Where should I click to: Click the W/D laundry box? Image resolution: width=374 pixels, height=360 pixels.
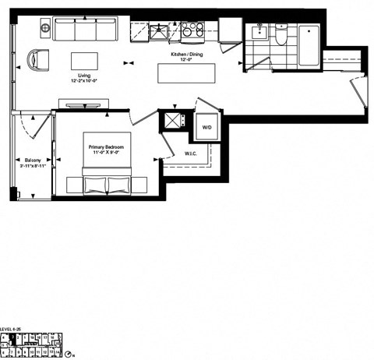(x=207, y=126)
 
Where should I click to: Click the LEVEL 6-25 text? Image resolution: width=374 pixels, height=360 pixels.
(x=13, y=328)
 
